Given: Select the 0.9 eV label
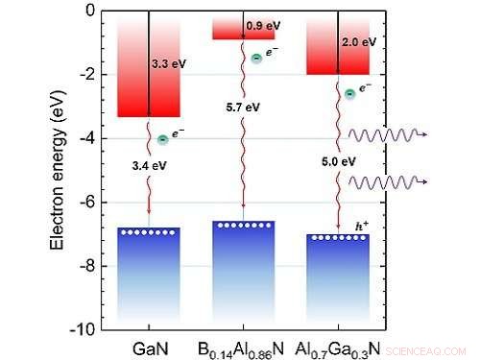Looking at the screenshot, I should pos(261,25).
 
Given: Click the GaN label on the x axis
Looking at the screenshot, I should pos(148,346).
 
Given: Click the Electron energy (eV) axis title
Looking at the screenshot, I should pos(57,170).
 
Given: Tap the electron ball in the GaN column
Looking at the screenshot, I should pos(163,140).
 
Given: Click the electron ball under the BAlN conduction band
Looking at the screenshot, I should pos(256,59).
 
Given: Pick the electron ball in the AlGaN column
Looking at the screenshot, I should pos(350,93).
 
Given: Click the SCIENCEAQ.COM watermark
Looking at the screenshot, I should pos(437,348).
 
